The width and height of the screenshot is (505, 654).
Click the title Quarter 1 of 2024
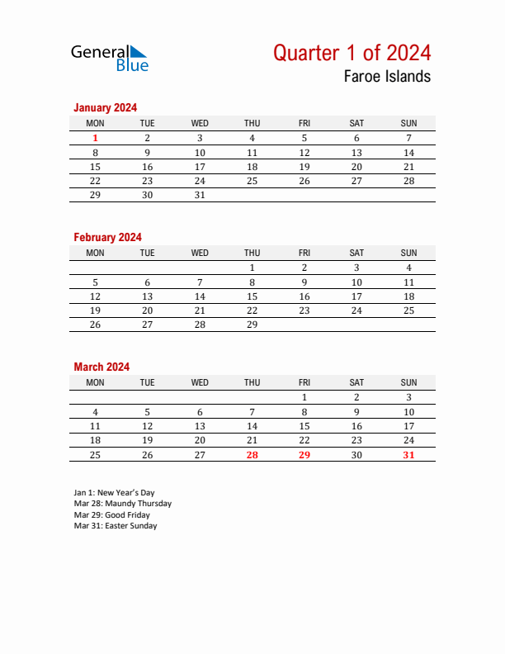pos(352,53)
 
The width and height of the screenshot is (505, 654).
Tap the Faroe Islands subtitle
pos(386,77)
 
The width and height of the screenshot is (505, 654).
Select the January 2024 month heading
pos(105,107)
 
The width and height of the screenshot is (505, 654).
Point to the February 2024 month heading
pos(107,237)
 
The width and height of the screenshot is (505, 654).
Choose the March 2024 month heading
pos(101,367)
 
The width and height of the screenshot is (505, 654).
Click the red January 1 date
pos(95,138)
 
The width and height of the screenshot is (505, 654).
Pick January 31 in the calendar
pos(200,196)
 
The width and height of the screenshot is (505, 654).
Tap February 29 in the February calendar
pos(252,325)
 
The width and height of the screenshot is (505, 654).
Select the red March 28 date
pos(252,455)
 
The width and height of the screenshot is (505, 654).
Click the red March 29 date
pos(304,455)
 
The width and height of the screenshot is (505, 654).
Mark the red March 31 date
pos(408,455)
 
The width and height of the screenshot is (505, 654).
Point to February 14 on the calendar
pos(200,296)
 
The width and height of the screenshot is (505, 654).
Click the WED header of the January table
pos(200,123)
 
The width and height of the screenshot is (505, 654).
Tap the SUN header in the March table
pos(408,382)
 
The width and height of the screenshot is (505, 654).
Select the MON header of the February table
pos(95,253)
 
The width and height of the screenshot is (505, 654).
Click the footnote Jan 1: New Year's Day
pos(114,493)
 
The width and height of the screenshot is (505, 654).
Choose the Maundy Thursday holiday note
pos(122,504)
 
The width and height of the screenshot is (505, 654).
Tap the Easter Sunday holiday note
pos(115,526)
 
